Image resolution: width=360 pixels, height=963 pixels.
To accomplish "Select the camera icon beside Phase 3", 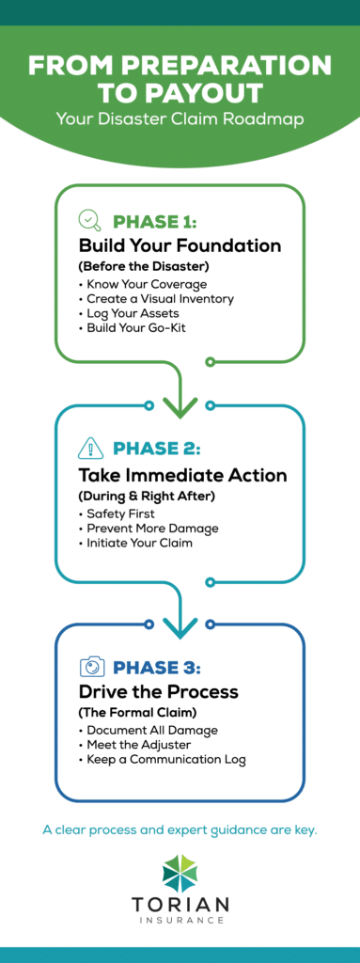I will [92, 668].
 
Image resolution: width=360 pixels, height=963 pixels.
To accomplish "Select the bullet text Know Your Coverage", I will [147, 283].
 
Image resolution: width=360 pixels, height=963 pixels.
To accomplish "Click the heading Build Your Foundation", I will [180, 246].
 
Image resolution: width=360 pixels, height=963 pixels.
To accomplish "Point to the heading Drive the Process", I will [158, 692].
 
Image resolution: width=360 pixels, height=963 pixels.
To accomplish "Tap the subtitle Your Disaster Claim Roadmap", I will [180, 118].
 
